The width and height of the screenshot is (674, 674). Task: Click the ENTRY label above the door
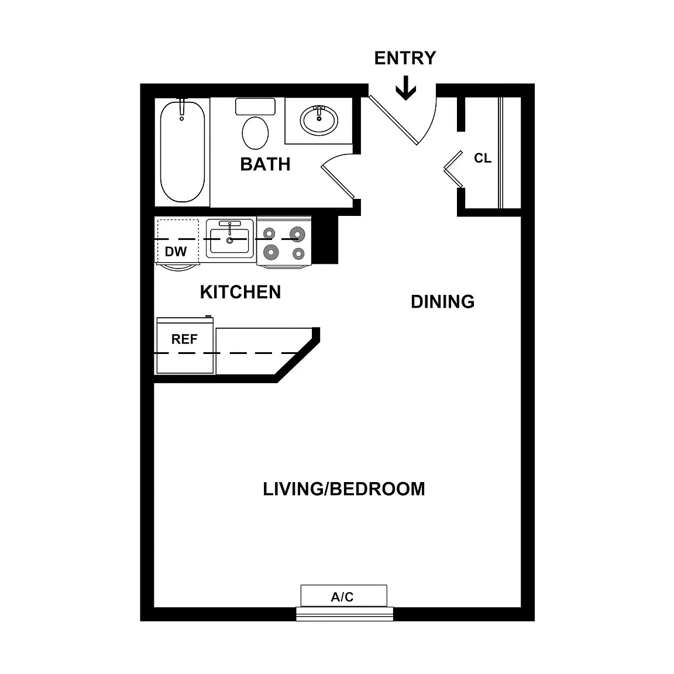pos(405,58)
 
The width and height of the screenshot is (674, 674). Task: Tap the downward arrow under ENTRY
pos(406,88)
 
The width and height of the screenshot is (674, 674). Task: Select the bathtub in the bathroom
pos(183,151)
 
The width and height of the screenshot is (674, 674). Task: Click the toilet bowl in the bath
pos(255,133)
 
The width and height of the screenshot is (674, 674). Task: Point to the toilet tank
pos(255,106)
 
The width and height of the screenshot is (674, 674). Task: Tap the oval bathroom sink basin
pos(319,119)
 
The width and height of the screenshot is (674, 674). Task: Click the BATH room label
pos(265,164)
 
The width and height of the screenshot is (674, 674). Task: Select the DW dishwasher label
pos(176,252)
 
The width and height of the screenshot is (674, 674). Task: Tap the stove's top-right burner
pos(297,234)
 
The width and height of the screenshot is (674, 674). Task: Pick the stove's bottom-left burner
pos(270,252)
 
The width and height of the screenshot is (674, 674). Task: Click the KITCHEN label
pos(240,293)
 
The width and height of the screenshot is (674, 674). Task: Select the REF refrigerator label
pos(184,339)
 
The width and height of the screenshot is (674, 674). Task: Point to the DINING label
pos(443,302)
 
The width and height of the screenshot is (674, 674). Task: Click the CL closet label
pos(483,158)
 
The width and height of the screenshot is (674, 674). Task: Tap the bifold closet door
pos(453,169)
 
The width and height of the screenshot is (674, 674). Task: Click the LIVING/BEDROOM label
pos(344,489)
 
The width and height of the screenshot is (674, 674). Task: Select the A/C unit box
pos(344,596)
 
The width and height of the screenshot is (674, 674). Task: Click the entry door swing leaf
pos(393,120)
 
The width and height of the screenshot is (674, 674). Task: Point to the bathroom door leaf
pos(338,182)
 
